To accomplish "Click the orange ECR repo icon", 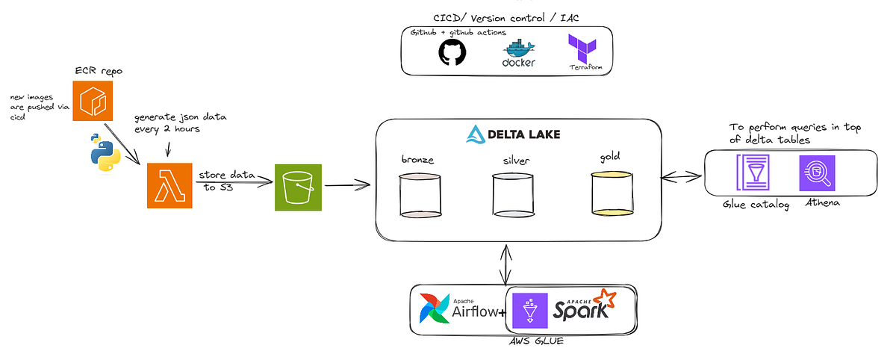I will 92,101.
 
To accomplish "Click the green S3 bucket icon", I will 298,187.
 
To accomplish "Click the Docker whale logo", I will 518,52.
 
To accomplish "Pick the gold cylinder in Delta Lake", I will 611,193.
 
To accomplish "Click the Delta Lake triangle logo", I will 476,134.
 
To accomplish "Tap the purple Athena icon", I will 816,173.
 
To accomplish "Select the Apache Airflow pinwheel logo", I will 434,309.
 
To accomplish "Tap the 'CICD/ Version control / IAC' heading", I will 506,18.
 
